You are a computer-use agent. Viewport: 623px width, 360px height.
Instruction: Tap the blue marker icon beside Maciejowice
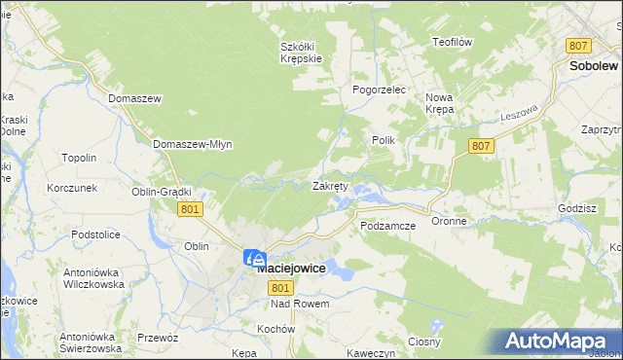254,259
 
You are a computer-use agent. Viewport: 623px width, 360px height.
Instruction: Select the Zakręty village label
330,186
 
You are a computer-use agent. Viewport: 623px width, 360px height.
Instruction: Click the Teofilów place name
452,42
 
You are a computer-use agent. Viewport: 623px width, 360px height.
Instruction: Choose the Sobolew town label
590,66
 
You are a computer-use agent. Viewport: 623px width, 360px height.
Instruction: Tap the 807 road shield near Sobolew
579,46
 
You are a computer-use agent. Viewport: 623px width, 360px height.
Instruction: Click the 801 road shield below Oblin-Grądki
190,209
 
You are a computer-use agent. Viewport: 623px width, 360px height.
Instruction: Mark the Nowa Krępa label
440,103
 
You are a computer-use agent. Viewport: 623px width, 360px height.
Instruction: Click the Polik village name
383,140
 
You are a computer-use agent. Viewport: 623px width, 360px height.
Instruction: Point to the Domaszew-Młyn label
192,144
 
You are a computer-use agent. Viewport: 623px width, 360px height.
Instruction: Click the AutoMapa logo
559,342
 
